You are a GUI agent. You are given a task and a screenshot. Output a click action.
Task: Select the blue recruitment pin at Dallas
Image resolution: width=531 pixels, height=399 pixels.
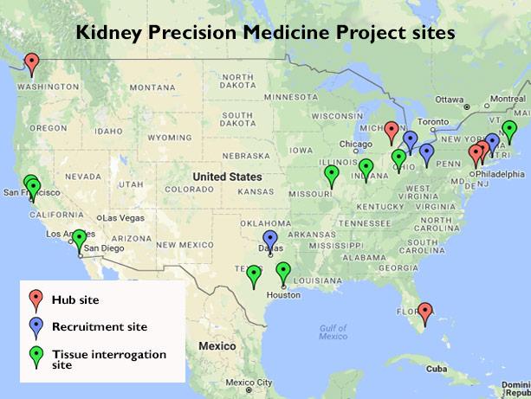click(270, 238)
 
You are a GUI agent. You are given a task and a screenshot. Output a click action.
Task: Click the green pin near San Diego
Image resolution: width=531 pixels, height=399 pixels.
click(79, 237)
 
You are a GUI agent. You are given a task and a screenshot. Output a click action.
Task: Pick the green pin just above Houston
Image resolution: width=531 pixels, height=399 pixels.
click(283, 271)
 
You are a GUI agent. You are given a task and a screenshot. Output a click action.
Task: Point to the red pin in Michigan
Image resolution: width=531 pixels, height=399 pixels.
click(391, 130)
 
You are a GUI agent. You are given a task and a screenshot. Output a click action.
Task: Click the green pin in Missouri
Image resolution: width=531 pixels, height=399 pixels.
click(331, 174)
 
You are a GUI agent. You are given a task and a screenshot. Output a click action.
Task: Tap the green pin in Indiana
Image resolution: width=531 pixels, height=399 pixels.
click(366, 167)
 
